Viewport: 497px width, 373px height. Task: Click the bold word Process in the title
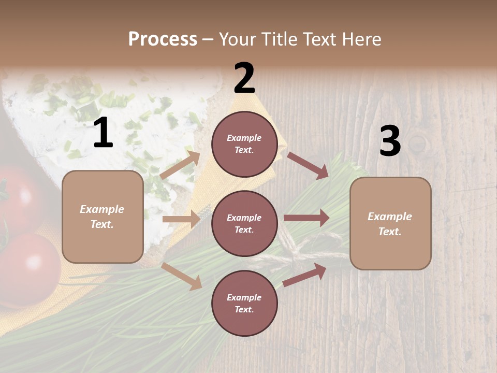point(163,39)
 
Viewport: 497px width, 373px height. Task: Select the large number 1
point(103,133)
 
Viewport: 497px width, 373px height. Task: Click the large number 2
point(244,78)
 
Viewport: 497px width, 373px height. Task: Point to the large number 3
point(390,141)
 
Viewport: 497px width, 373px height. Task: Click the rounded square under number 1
point(103,217)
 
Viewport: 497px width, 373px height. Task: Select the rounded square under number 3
point(390,224)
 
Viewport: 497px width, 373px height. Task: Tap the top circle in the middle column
point(244,144)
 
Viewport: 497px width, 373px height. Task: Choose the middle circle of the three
point(244,223)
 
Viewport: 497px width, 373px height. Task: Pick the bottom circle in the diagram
point(244,303)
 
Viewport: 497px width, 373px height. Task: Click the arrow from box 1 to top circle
point(180,165)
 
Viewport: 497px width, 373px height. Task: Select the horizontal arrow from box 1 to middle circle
point(181,219)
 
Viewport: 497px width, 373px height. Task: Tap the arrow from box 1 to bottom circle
point(182,276)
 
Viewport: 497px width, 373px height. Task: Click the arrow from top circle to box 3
point(308,165)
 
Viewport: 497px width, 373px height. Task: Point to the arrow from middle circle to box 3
point(306,218)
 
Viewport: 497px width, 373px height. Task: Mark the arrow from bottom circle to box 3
point(304,275)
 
